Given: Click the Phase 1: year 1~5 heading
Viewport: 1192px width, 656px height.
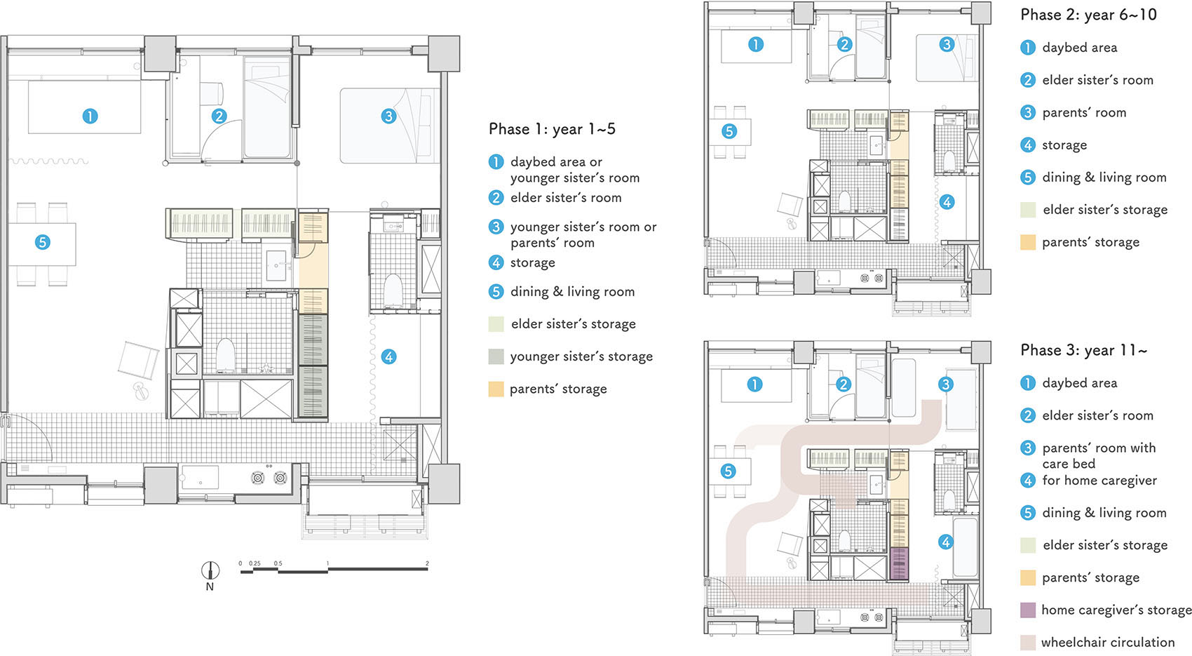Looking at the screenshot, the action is click(552, 129).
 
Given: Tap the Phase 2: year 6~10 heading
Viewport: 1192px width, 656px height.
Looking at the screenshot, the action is click(1088, 15).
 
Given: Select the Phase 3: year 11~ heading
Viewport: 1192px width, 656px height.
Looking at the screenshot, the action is click(1083, 350).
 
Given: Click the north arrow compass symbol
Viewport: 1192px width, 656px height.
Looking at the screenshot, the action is click(210, 570).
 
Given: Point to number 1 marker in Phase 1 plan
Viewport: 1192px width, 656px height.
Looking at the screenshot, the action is click(90, 116).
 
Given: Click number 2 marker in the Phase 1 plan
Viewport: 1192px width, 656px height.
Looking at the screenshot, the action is click(219, 116).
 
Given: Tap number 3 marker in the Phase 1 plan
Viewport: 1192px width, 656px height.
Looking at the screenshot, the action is click(388, 116).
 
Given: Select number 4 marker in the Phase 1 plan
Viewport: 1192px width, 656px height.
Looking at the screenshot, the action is click(388, 356).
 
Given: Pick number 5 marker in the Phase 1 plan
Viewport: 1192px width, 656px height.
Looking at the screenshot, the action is click(43, 242).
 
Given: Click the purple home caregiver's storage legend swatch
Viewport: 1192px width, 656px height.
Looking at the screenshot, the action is click(1028, 610).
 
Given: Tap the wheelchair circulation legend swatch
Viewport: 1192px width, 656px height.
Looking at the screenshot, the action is click(1028, 642).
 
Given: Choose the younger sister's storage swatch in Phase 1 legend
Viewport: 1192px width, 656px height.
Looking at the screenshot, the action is click(496, 356).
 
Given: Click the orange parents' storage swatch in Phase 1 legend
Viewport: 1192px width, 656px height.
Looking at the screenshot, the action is click(496, 389).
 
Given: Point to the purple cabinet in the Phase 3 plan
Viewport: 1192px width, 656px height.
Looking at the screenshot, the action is click(899, 563).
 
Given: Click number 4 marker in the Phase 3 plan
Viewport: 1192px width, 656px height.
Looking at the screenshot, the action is click(946, 542).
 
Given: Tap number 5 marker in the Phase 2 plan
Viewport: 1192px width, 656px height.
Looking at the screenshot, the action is click(729, 131).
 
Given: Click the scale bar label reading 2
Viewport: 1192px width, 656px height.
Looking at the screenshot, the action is click(427, 563).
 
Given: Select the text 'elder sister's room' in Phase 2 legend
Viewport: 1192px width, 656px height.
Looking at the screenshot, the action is click(1098, 80).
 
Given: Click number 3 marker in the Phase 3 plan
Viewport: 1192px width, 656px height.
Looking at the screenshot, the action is click(946, 384).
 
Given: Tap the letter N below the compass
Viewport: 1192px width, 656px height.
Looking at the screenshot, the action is click(210, 587).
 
